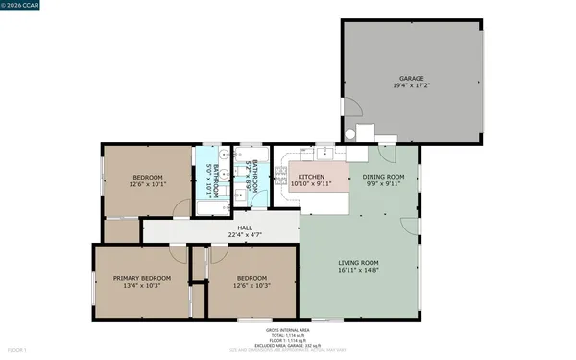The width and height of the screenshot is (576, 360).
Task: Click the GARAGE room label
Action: pos(412,79)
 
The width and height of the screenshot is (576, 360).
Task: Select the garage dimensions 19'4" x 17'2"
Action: pos(412,86)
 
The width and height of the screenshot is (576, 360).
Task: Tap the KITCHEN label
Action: pos(310,178)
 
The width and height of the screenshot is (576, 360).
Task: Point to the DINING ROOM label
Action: pos(383,178)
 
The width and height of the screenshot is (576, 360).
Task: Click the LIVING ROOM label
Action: pos(358,262)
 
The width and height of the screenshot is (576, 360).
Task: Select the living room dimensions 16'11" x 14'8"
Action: pos(358,271)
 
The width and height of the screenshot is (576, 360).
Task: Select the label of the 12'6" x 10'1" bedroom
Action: pos(147,178)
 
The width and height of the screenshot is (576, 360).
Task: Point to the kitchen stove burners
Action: pos(280,173)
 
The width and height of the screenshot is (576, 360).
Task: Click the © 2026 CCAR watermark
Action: pos(19,6)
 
